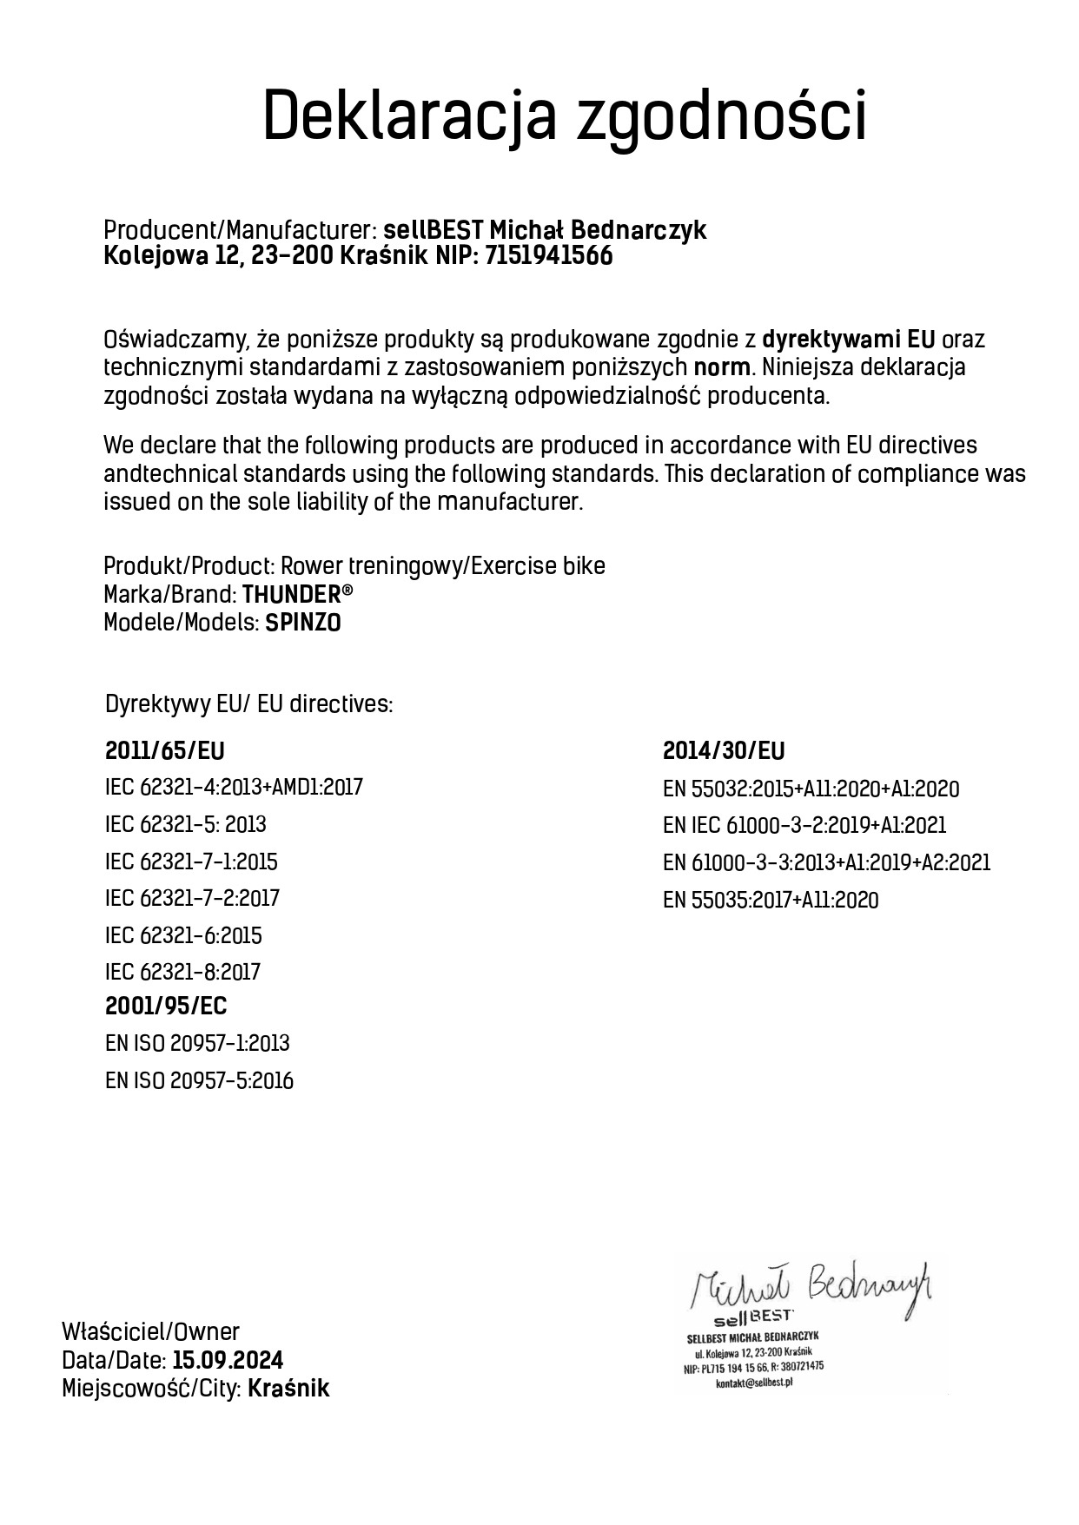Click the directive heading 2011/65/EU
[164, 751]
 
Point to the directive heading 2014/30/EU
[724, 751]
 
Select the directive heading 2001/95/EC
[166, 1007]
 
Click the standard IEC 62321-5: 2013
[185, 824]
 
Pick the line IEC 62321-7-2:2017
[192, 898]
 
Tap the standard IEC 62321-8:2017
[182, 972]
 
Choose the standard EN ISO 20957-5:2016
[199, 1081]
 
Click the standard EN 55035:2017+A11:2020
[770, 900]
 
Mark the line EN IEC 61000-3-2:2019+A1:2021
[804, 825]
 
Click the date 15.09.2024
[228, 1360]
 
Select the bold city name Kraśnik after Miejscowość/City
[288, 1389]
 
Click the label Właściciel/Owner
[150, 1331]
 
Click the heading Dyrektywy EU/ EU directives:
[248, 704]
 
